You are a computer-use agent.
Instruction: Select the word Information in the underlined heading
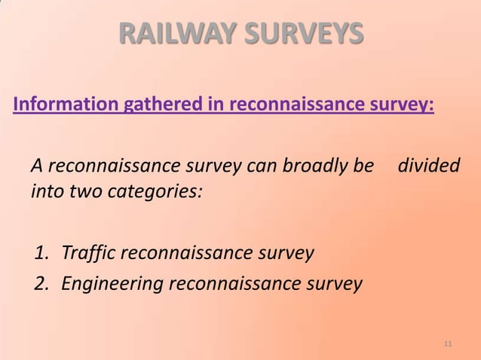tap(62, 104)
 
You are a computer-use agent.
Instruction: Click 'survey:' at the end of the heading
tap(407, 104)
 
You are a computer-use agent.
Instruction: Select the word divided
tap(429, 165)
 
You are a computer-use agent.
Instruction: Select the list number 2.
tap(42, 285)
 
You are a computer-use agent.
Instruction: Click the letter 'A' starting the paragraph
tap(36, 165)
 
